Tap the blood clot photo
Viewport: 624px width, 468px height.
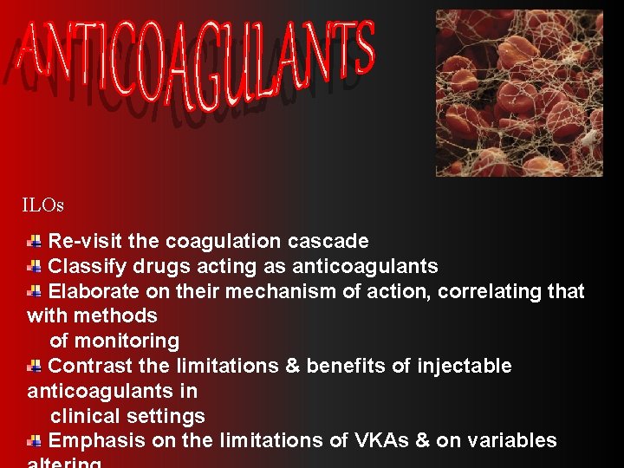tap(518, 93)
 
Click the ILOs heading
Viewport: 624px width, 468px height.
tap(43, 205)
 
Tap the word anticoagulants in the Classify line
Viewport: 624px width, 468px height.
tap(365, 266)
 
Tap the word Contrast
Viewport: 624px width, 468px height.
tap(87, 366)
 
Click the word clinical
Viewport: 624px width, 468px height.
tap(81, 416)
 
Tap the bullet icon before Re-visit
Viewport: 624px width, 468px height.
tap(35, 241)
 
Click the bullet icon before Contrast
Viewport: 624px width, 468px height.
tap(35, 366)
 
